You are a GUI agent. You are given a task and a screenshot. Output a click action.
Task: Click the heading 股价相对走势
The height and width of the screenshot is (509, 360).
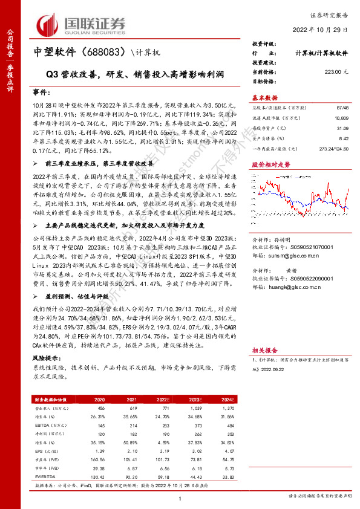coord(270,164)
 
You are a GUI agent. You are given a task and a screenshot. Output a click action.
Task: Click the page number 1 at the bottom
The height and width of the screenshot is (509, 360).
coord(180,497)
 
